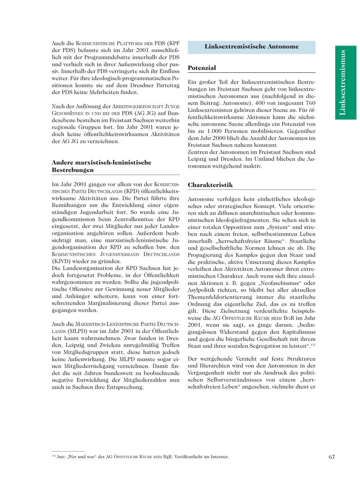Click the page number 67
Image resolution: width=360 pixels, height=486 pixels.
coord(332,457)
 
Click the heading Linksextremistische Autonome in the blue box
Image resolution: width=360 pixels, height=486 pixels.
coord(251,47)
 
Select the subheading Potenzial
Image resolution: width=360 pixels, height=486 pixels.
coord(202,68)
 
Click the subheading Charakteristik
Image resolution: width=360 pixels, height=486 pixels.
coord(210,185)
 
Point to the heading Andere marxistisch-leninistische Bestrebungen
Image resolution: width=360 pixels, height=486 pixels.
coord(101,166)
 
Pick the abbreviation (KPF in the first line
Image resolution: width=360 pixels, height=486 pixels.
coord(172,43)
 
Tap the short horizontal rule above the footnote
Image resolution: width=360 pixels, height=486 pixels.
coord(68,451)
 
